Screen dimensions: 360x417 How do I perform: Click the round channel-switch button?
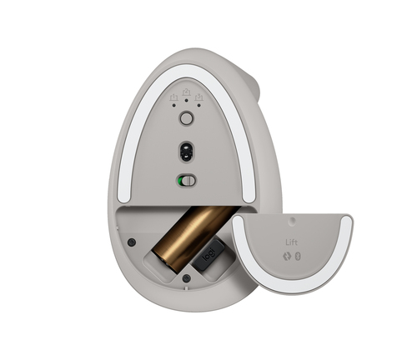point(186,119)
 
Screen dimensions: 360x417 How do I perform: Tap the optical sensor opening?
point(187,152)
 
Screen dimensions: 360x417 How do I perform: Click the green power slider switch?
point(185,181)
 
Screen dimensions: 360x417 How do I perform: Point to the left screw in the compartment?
point(132,242)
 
